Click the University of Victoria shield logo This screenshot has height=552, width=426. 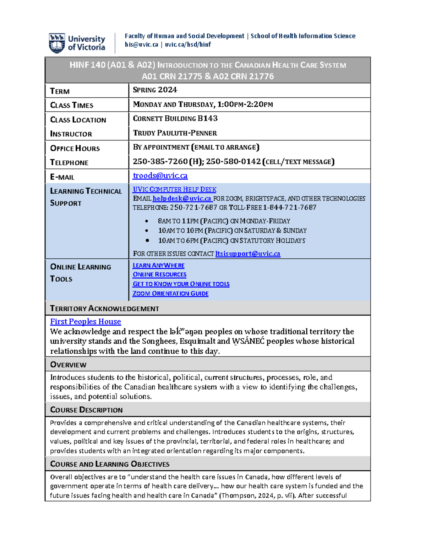pos(57,43)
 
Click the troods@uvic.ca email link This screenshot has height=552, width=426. pos(160,176)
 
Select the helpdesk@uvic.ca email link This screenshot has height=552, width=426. pos(182,199)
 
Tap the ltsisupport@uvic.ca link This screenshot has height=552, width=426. pos(248,254)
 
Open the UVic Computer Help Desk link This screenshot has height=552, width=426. pos(174,190)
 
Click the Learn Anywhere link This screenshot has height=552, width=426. pos(158,266)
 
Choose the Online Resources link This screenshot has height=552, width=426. pos(159,275)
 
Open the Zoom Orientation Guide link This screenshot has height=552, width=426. pos(170,294)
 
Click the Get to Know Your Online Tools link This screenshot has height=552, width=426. pos(181,284)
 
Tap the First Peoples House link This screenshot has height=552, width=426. pos(86,322)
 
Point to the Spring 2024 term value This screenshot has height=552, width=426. pos(155,90)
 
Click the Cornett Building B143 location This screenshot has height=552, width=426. pos(175,119)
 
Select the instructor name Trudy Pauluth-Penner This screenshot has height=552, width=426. pos(175,133)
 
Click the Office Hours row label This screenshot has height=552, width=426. pos(75,149)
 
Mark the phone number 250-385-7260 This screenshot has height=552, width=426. pos(160,162)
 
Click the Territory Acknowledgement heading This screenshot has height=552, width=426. pos(104,309)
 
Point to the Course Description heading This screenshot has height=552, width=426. pos(86,410)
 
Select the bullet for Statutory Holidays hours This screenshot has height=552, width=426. pos(147,241)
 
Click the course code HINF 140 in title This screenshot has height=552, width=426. pos(87,65)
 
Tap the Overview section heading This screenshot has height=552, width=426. pos(68,365)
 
